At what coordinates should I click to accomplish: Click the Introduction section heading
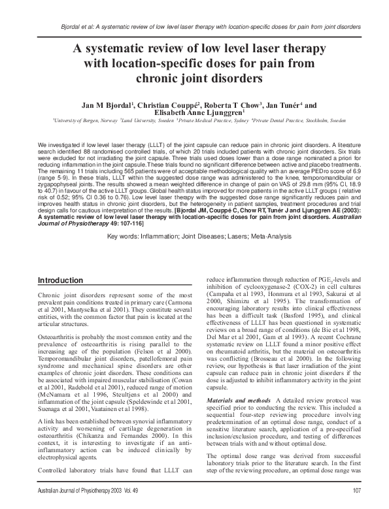[x=64, y=280]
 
